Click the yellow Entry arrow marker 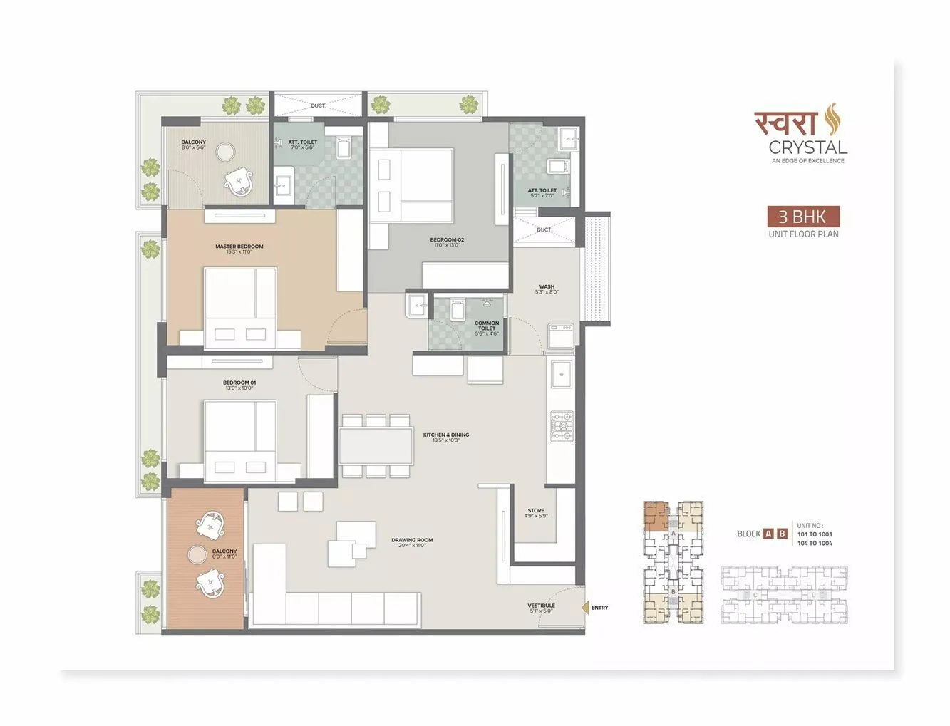click(x=584, y=607)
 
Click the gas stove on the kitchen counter click(x=561, y=425)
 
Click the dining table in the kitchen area click(x=376, y=445)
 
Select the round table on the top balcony click(x=226, y=152)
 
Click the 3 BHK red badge click(x=803, y=217)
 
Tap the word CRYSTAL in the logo click(x=807, y=147)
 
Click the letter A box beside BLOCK click(x=768, y=534)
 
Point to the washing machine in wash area click(x=560, y=336)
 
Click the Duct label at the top click(x=318, y=105)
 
